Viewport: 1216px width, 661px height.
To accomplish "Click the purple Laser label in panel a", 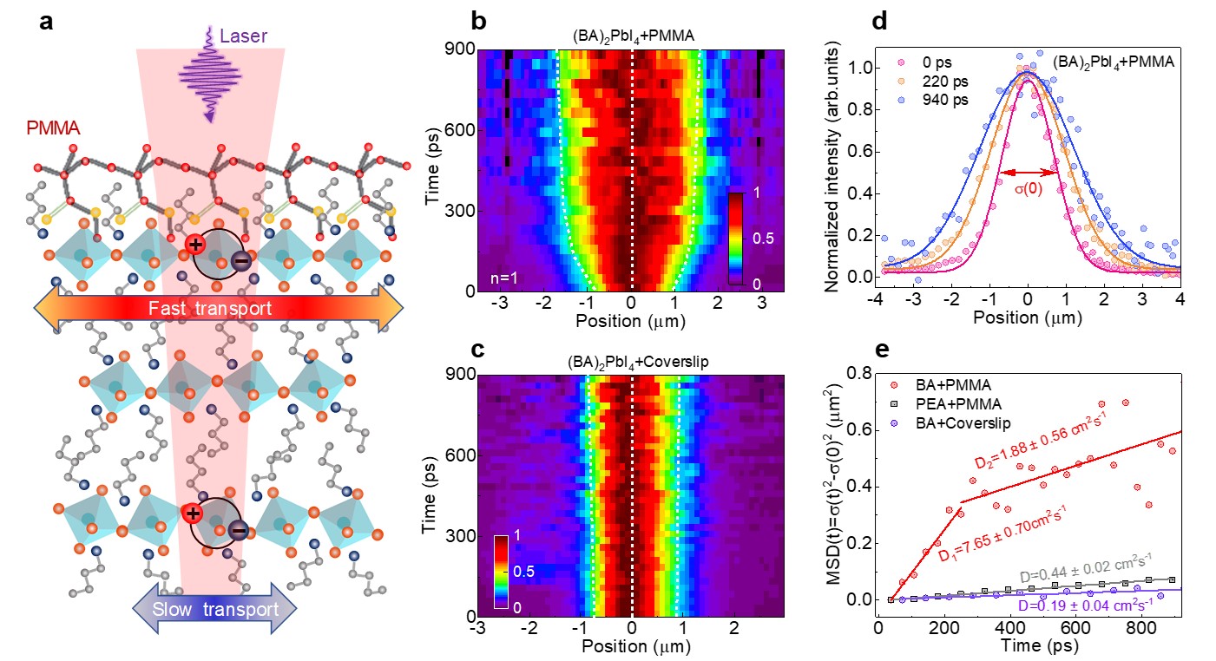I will [x=244, y=36].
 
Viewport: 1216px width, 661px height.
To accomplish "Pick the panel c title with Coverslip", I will [x=631, y=361].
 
